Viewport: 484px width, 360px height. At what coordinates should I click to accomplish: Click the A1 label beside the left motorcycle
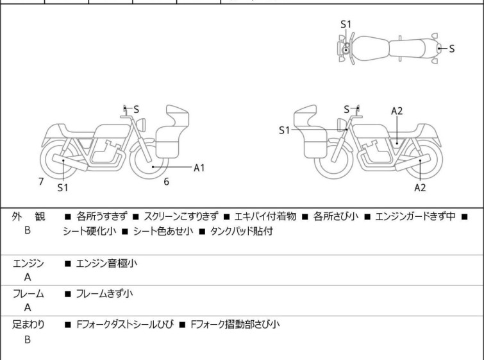[199, 167]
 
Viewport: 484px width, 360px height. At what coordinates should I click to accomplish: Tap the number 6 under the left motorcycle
[166, 182]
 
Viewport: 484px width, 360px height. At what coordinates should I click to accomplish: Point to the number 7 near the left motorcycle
[41, 182]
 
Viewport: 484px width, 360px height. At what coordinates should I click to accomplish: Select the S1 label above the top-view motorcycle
[346, 24]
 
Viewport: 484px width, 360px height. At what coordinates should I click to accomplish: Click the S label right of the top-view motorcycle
[452, 49]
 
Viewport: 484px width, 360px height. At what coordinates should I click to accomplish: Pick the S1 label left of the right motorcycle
[285, 130]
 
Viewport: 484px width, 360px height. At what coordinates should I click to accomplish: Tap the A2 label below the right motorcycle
[420, 187]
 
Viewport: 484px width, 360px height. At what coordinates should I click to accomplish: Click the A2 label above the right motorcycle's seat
[397, 110]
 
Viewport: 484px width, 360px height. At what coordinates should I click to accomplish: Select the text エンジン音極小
[106, 263]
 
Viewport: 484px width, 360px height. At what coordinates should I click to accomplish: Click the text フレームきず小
[104, 294]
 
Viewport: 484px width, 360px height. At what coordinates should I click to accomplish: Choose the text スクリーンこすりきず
[181, 216]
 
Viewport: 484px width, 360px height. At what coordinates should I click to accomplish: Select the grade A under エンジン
[28, 278]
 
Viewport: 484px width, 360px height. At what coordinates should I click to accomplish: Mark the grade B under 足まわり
[28, 339]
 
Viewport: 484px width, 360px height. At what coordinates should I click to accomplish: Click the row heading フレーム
[28, 294]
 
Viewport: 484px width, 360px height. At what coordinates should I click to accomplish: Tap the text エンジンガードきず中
[415, 216]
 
